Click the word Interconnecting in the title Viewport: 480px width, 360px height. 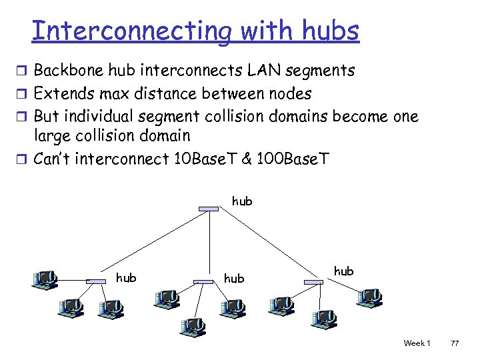[x=129, y=31]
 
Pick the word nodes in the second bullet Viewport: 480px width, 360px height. [x=289, y=93]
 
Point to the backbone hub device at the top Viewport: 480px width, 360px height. [x=208, y=209]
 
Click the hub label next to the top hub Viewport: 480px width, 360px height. [x=242, y=201]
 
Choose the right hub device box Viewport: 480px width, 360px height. [x=313, y=282]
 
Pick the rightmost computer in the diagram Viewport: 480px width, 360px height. [x=369, y=297]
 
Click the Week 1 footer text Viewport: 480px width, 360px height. [x=417, y=343]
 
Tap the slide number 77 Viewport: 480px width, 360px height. [x=455, y=343]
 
